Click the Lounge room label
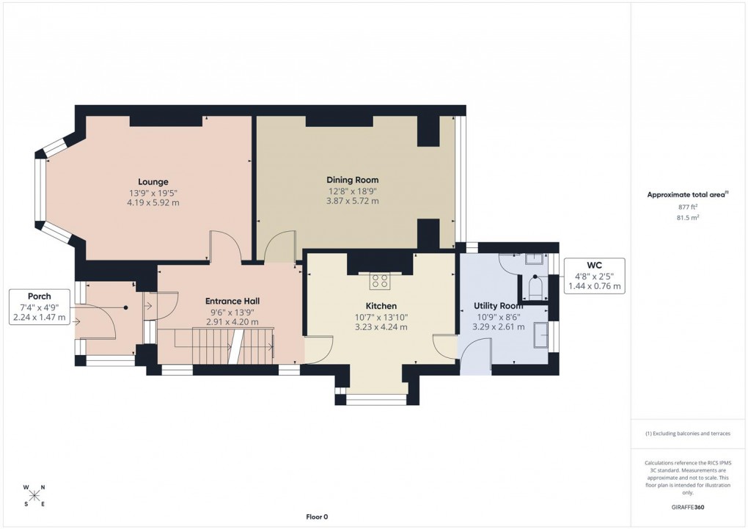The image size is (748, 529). [153, 181]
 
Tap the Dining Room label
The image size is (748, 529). [352, 180]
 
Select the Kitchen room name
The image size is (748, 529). [381, 306]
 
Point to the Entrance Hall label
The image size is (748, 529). [232, 301]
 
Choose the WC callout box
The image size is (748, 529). [594, 275]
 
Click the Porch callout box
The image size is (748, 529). [40, 307]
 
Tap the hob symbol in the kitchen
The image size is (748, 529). [381, 280]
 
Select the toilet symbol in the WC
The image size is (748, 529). [535, 287]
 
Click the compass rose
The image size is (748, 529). [34, 495]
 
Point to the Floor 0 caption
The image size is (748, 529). [317, 517]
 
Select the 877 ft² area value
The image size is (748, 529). [688, 207]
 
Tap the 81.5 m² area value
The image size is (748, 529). [688, 217]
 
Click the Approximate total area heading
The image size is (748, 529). [687, 194]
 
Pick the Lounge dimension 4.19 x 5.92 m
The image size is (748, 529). [153, 203]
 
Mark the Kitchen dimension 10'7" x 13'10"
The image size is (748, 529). [381, 317]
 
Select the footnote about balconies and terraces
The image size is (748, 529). [688, 434]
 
